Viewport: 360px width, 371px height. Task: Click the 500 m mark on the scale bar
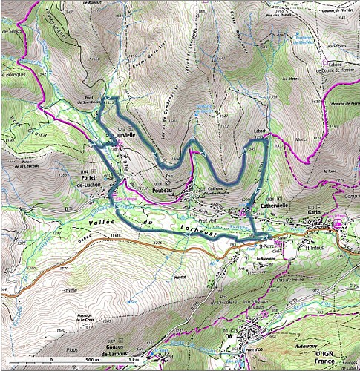[46, 359]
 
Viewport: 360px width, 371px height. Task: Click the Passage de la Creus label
[89, 315]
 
